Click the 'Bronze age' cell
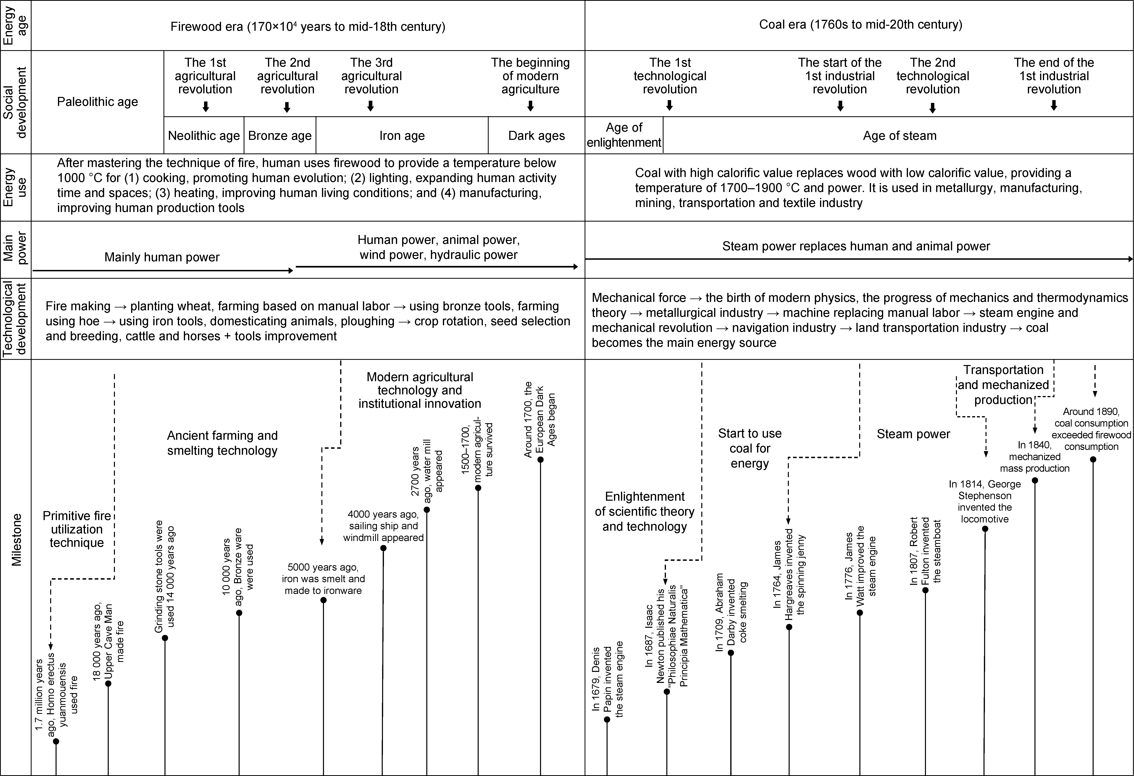(x=280, y=136)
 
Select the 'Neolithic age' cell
(x=204, y=136)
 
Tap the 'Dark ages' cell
(x=536, y=136)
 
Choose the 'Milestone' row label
(x=17, y=539)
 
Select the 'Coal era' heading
(x=860, y=24)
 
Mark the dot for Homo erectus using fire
(x=56, y=741)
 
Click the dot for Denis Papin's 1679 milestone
(x=607, y=719)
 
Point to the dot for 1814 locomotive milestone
(x=985, y=529)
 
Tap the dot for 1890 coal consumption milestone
(x=1093, y=460)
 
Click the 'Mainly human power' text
(x=162, y=257)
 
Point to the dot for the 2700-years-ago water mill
(x=427, y=510)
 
